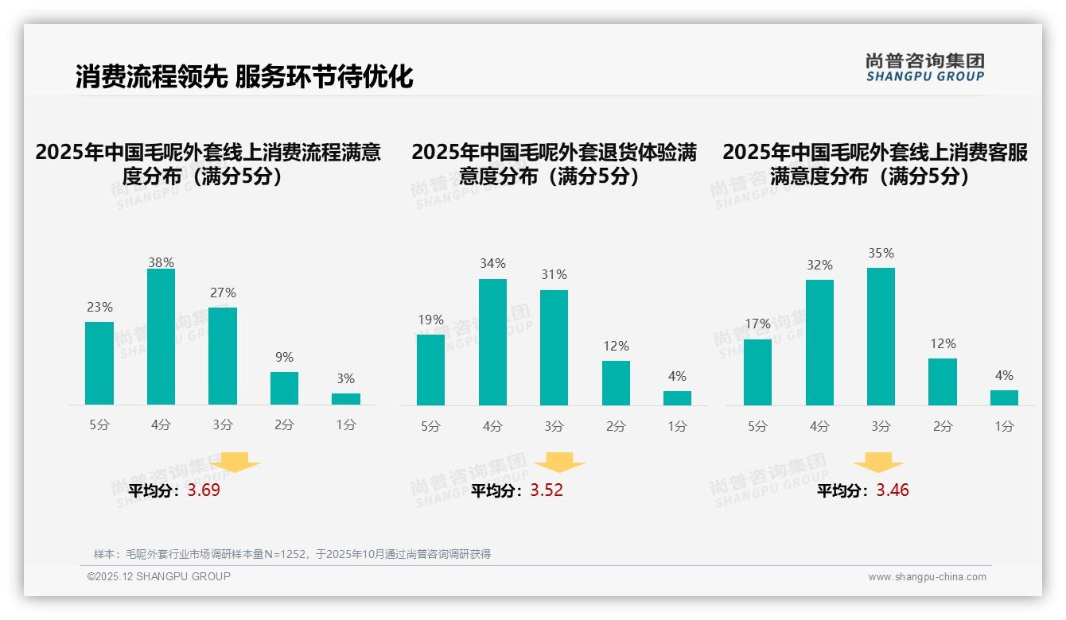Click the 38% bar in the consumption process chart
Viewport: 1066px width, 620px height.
pos(161,337)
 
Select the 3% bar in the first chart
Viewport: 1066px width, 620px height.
pos(346,399)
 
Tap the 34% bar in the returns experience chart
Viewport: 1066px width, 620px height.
pos(492,342)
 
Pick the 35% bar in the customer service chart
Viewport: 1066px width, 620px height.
pos(881,336)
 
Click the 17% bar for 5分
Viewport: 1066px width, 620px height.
pos(757,372)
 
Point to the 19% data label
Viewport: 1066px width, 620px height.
pos(430,320)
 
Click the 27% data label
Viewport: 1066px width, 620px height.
pos(223,293)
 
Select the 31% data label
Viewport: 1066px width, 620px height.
pos(554,275)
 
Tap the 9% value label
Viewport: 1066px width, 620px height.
pos(284,358)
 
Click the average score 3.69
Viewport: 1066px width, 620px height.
pos(204,490)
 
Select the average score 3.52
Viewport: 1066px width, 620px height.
pos(547,490)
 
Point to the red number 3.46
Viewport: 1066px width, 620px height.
pos(893,490)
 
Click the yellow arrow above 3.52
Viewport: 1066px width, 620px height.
pos(559,463)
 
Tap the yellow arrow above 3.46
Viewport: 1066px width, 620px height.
pos(878,463)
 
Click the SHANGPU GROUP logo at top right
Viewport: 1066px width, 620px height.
pos(924,68)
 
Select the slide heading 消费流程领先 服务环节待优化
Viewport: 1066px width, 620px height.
pos(244,76)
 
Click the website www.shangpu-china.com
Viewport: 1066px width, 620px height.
pos(927,577)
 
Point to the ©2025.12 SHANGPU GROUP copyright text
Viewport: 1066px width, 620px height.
pos(159,576)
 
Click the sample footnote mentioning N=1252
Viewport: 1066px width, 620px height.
pos(292,554)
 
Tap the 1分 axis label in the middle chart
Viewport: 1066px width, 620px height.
pos(677,426)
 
